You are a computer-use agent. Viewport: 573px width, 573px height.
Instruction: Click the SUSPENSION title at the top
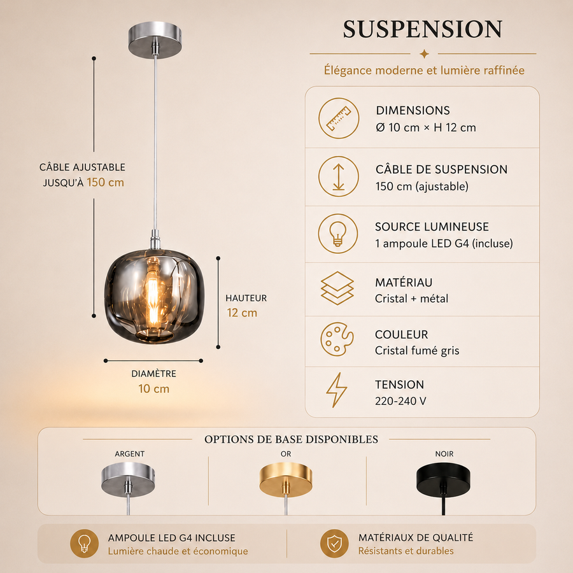pos(423,29)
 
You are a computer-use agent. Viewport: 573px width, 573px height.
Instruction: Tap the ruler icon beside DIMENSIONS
pos(339,118)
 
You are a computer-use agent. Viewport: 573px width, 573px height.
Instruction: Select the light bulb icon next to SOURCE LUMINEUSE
pos(337,234)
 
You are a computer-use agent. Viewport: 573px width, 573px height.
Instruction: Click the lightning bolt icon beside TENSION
pos(337,390)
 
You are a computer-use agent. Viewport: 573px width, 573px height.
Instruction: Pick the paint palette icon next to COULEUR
pos(337,339)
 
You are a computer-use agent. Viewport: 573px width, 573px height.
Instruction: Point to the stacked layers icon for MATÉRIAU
pos(337,288)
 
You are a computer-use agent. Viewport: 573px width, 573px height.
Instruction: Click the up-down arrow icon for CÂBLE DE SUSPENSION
pos(339,176)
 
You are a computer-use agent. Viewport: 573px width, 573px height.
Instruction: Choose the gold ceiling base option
pos(286,479)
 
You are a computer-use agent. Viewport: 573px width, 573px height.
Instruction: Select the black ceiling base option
pos(443,479)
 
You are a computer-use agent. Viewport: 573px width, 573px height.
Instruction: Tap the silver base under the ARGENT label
pos(128,479)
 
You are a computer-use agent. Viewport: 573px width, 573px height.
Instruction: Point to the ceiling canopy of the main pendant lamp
pos(155,40)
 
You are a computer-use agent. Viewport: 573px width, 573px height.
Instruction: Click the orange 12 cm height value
pos(242,313)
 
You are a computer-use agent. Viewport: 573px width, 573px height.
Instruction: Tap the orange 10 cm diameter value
pos(154,388)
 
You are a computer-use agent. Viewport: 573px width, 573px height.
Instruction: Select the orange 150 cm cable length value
pos(105,182)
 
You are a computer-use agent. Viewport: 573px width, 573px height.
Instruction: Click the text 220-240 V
pos(400,401)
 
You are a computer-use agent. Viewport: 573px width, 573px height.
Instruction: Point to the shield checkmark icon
pos(334,544)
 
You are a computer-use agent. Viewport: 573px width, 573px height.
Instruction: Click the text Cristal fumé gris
pos(417,350)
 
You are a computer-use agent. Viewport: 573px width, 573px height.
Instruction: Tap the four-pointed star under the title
pos(424,54)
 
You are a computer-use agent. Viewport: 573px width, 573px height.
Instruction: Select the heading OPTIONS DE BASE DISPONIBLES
pos(291,439)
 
